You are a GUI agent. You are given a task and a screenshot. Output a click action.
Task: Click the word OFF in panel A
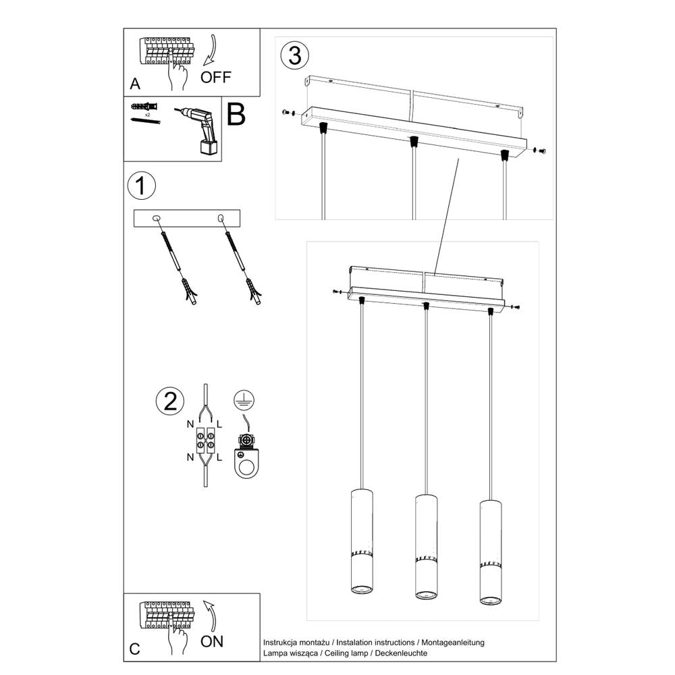tap(216, 77)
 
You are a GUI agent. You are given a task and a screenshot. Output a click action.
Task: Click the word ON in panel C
tap(212, 641)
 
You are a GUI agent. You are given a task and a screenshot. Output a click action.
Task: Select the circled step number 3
tap(294, 55)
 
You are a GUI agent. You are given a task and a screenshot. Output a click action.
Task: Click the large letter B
tap(236, 115)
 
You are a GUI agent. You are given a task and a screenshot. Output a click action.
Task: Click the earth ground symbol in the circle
tap(242, 400)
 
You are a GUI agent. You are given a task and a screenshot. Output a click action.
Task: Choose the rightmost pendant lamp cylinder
tap(491, 551)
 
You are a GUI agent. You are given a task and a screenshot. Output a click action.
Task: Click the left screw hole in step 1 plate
tap(157, 218)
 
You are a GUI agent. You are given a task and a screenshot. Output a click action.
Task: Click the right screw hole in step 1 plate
tap(220, 218)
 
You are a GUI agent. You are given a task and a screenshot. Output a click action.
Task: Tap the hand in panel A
tap(178, 76)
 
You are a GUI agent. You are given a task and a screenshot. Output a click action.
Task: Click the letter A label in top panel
tap(135, 84)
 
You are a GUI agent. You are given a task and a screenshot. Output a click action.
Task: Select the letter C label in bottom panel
tap(135, 649)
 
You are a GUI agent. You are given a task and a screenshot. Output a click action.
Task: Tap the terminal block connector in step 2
tap(205, 442)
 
